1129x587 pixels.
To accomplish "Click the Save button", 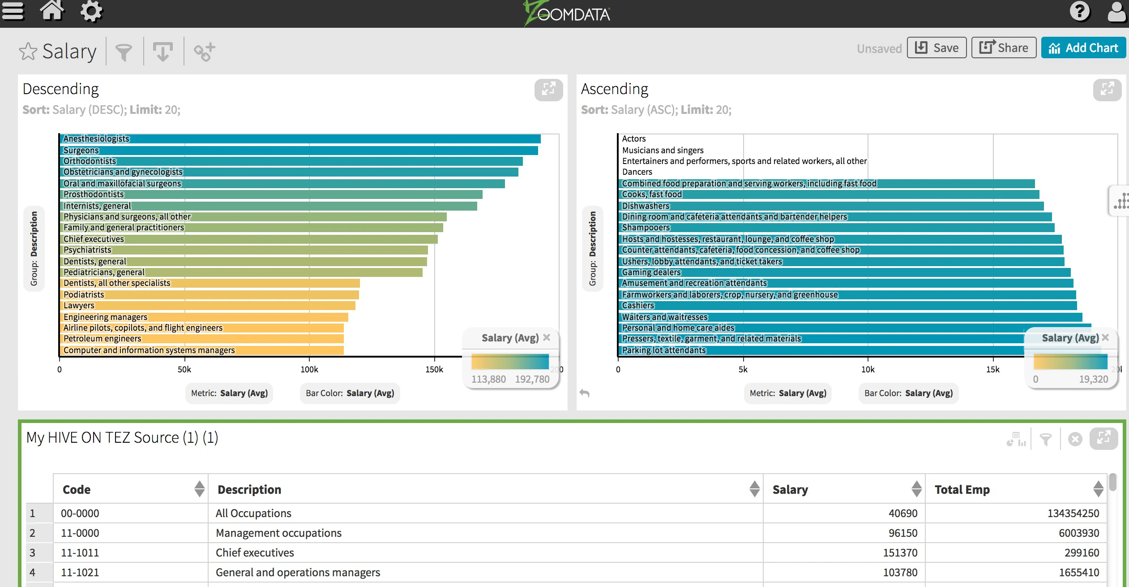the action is click(x=937, y=48).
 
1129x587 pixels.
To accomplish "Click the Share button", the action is click(x=1004, y=48).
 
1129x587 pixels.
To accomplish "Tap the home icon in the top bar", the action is click(x=52, y=11).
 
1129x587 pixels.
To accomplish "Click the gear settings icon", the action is click(x=91, y=11).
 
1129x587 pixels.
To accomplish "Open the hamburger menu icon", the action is click(x=13, y=11).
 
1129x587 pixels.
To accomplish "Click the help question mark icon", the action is click(x=1080, y=11).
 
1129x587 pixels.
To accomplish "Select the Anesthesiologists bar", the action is click(x=300, y=139).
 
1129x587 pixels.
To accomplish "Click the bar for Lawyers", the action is click(x=208, y=306).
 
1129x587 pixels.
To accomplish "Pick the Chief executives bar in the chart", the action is click(x=249, y=239).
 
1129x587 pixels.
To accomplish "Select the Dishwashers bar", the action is click(x=831, y=206).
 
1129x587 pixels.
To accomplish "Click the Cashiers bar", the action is click(x=848, y=306).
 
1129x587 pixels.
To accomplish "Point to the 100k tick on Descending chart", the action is click(x=309, y=369).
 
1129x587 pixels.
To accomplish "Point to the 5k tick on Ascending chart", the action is click(x=743, y=369).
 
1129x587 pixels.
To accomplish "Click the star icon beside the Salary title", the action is click(x=28, y=51).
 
